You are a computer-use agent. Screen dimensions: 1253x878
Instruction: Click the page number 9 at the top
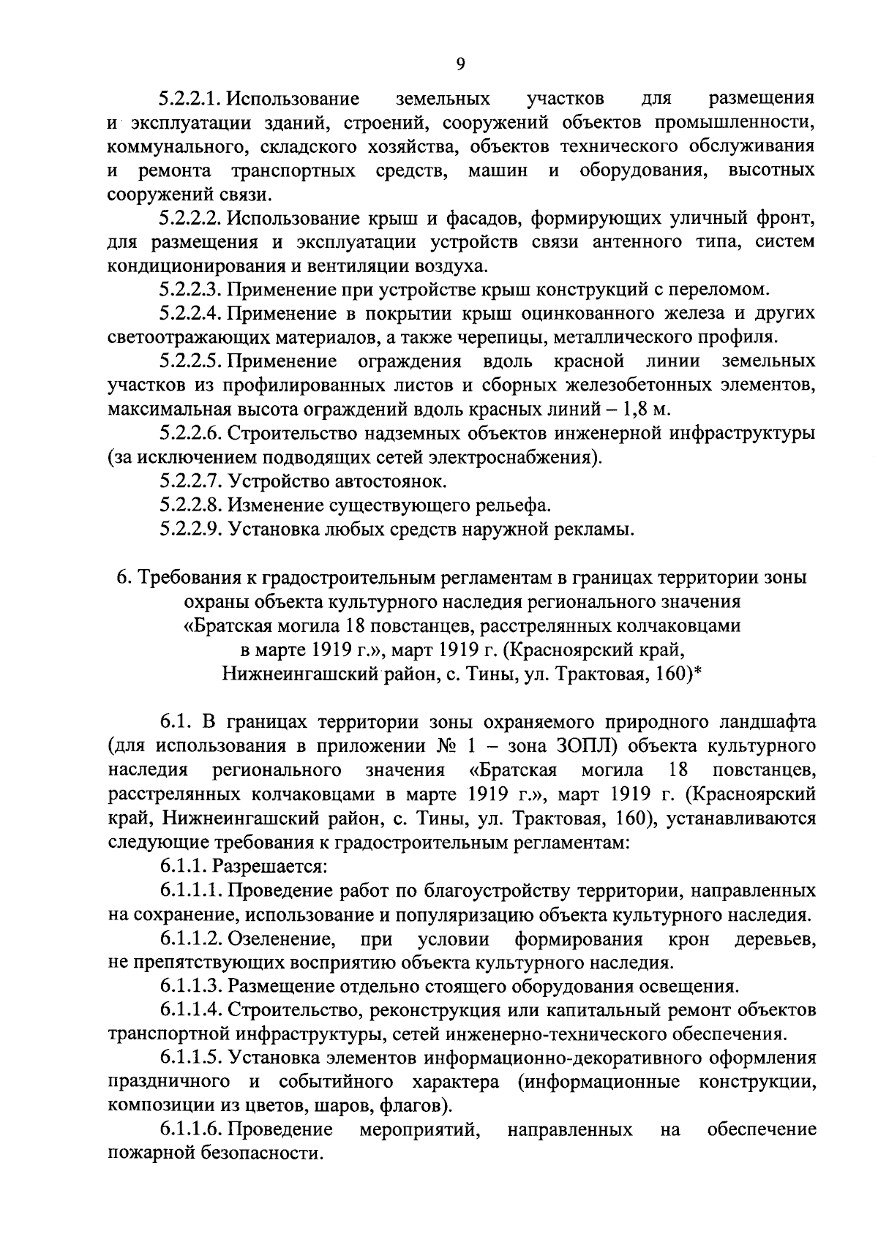coord(460,64)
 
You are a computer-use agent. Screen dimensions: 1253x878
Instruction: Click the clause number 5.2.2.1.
coord(190,98)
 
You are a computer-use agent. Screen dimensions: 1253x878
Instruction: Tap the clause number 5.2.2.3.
coord(190,288)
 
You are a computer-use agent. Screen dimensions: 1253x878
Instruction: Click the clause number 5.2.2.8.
coord(190,505)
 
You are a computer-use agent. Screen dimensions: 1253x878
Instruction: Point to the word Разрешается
coord(269,867)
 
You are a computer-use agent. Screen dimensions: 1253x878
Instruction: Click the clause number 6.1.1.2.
coord(190,938)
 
